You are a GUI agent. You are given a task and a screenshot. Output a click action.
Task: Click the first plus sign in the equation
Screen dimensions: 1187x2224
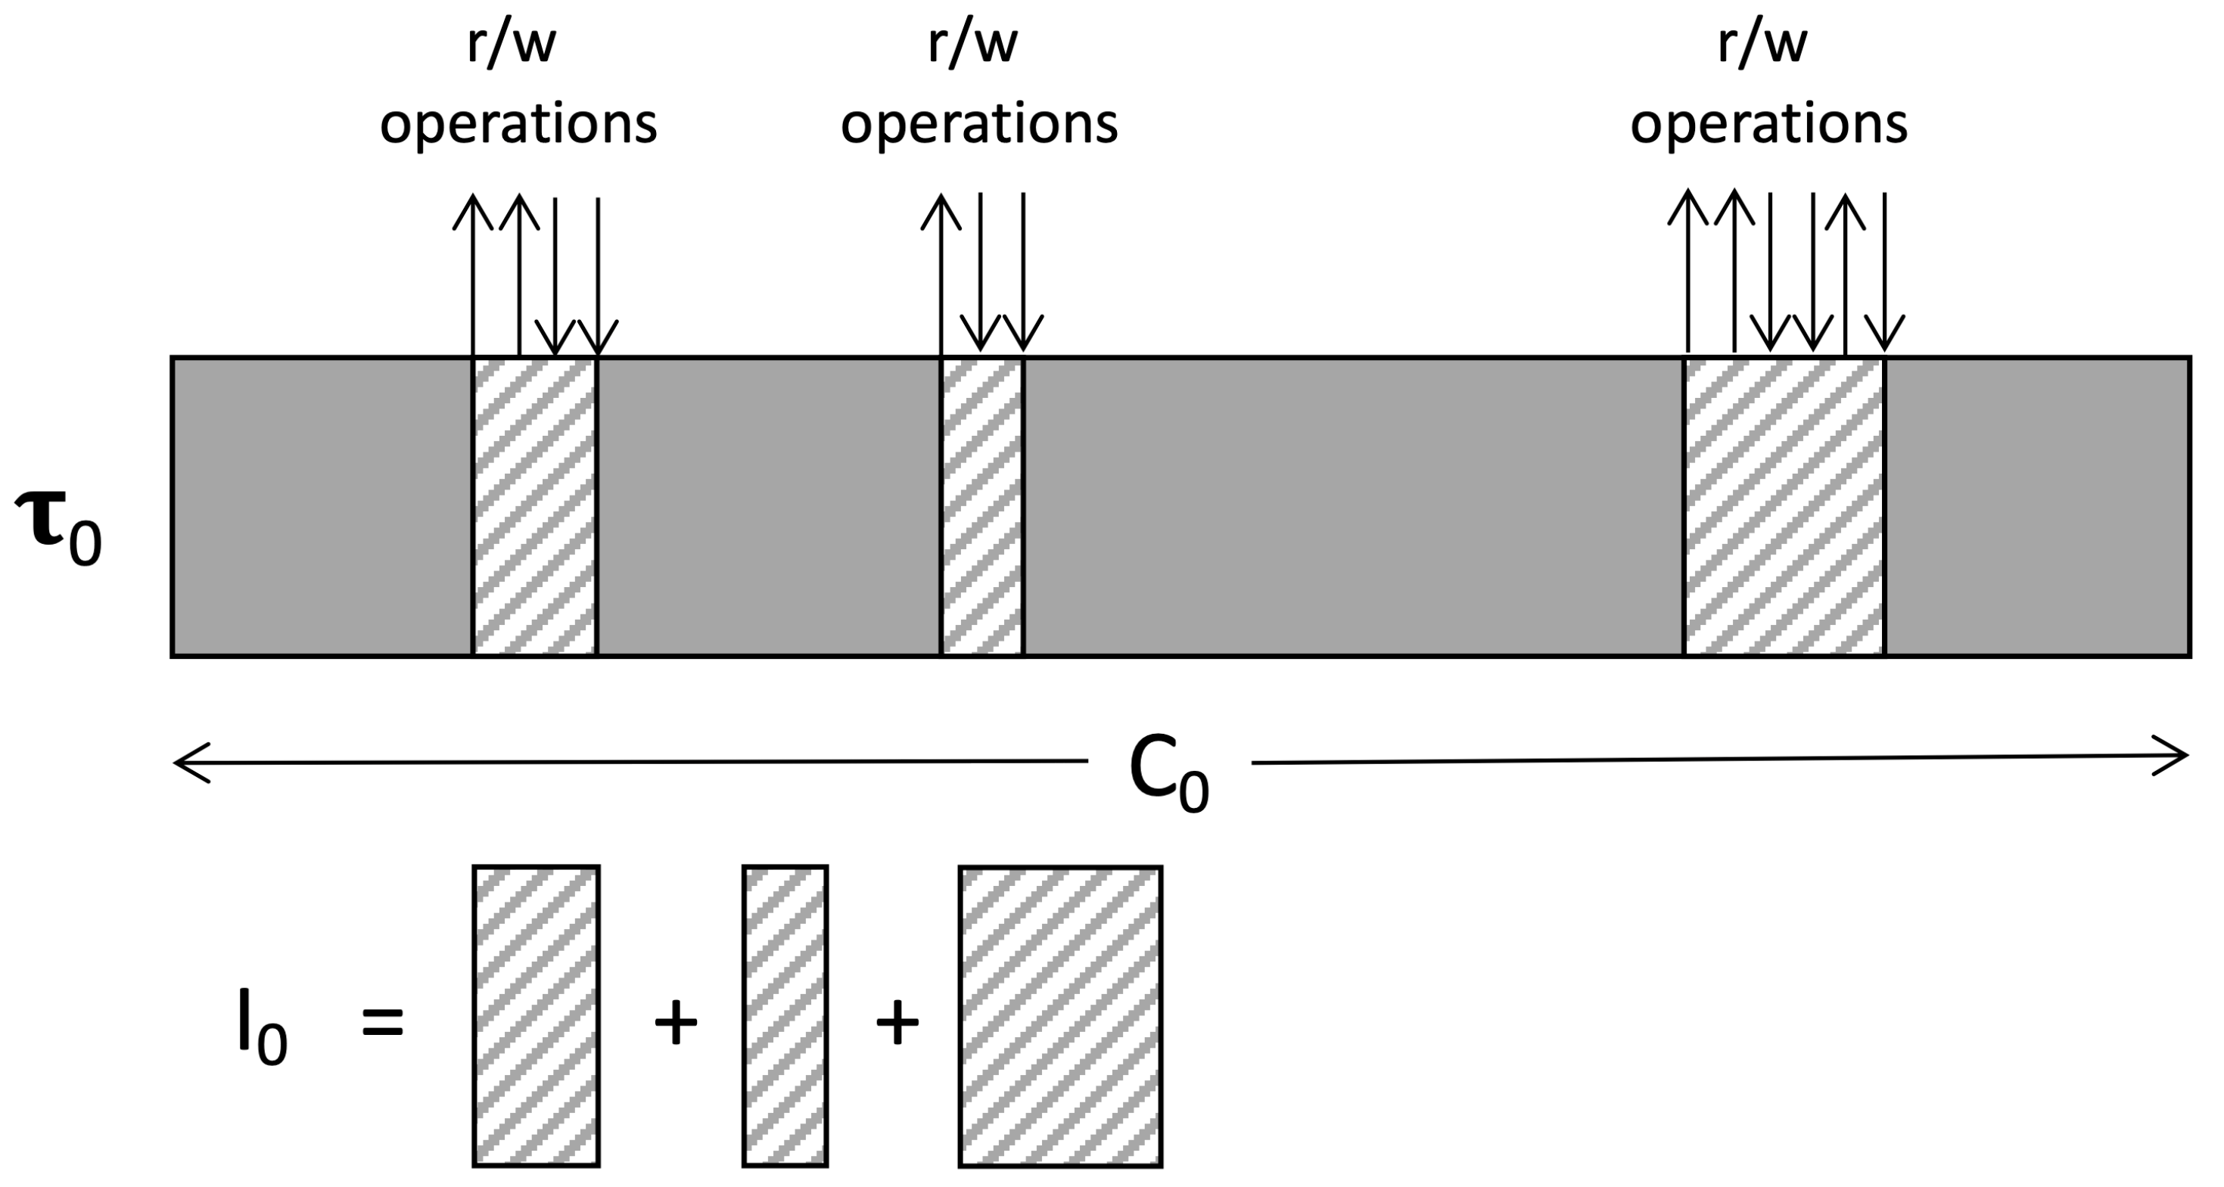pyautogui.click(x=675, y=1024)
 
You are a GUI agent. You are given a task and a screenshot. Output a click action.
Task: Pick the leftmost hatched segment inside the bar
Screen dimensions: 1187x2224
pyautogui.click(x=534, y=507)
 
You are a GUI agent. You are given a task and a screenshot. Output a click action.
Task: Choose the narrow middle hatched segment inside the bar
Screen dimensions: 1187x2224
pyautogui.click(x=981, y=507)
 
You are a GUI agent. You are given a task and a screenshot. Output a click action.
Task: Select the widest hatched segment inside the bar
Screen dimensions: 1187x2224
pyautogui.click(x=1784, y=507)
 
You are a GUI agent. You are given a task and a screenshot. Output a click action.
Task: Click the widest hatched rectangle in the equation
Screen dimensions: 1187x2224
pyautogui.click(x=1060, y=1016)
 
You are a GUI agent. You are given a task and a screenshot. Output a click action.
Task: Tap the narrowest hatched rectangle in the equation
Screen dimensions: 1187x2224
pyautogui.click(x=785, y=1016)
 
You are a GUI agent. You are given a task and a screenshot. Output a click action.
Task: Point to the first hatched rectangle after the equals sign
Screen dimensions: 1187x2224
pyautogui.click(x=537, y=1016)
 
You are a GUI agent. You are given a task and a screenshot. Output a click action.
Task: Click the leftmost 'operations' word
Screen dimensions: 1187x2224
pyautogui.click(x=518, y=123)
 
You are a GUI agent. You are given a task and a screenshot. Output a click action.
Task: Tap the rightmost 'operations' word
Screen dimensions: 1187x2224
pyautogui.click(x=1768, y=123)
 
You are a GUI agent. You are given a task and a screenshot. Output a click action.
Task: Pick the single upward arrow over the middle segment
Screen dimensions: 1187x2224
pyautogui.click(x=940, y=272)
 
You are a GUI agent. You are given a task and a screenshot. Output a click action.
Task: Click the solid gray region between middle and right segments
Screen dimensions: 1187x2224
pyautogui.click(x=1353, y=507)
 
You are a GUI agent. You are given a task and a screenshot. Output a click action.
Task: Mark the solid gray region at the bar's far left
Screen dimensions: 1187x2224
pyautogui.click(x=321, y=507)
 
